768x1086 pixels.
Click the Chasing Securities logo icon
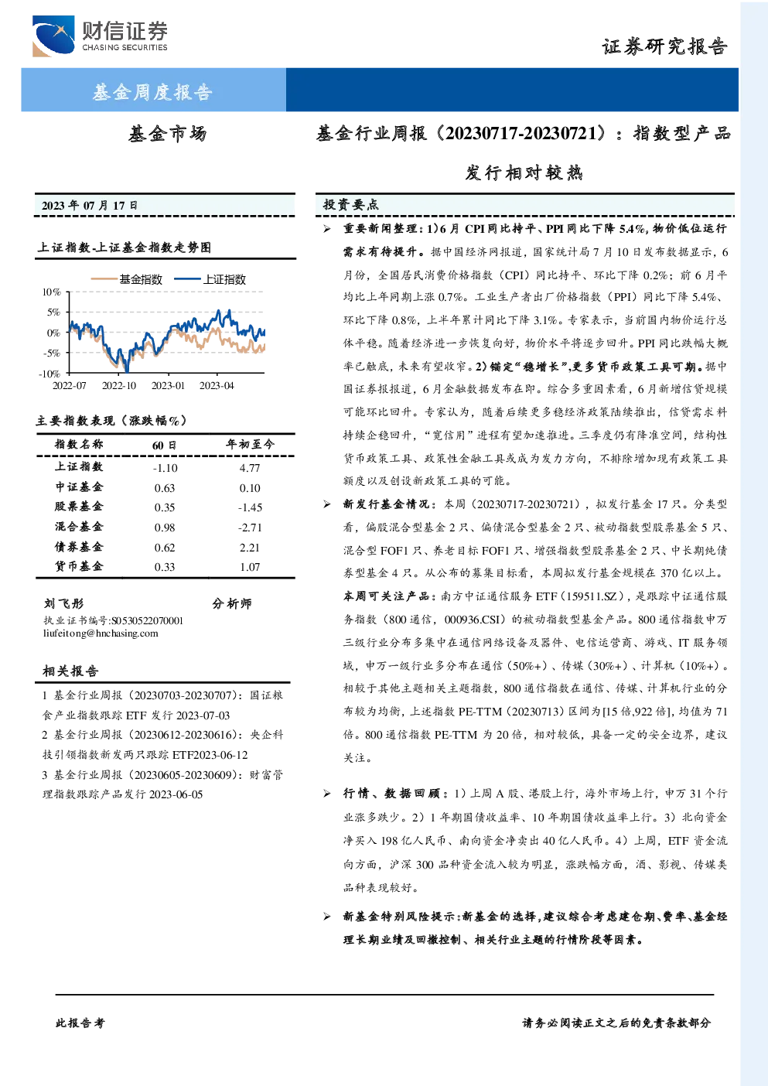click(53, 36)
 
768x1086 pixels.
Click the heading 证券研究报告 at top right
click(664, 47)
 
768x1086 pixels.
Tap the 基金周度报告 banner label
click(152, 92)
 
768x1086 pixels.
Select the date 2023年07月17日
click(89, 206)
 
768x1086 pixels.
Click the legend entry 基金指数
click(127, 279)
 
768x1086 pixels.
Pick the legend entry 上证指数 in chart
click(210, 279)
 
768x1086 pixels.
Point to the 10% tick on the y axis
click(51, 292)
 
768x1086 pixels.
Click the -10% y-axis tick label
click(49, 374)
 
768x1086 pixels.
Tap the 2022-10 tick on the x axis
click(119, 385)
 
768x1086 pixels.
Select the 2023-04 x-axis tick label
click(217, 385)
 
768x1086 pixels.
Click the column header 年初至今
click(250, 444)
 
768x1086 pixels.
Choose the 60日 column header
click(165, 445)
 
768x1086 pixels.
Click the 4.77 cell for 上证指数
click(250, 468)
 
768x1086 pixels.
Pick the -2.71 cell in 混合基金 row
click(250, 528)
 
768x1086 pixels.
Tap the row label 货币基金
click(79, 566)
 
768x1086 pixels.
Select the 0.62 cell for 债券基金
click(165, 548)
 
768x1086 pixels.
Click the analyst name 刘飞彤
click(64, 603)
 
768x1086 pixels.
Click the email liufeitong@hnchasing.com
click(101, 633)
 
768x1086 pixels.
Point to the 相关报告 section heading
click(70, 671)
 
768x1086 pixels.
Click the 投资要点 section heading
click(350, 205)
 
